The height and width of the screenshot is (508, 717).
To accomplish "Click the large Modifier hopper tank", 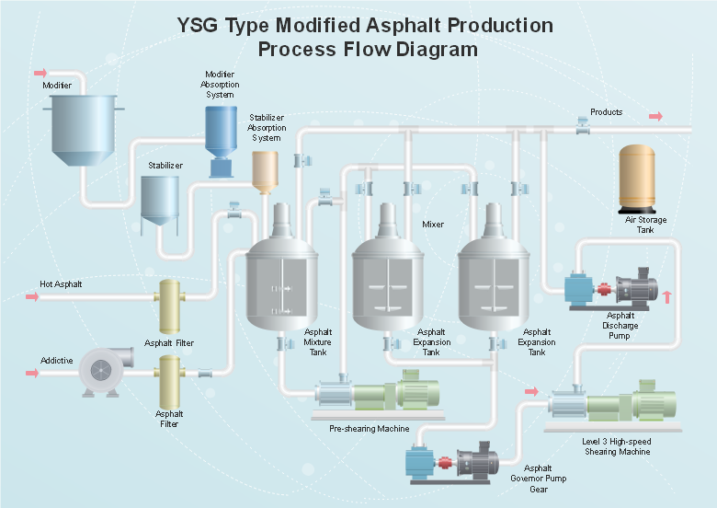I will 85,129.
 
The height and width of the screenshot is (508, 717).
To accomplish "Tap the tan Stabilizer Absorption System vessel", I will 265,170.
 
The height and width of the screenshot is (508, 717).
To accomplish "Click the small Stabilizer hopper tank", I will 160,199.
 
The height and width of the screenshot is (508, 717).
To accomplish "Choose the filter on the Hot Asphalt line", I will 171,306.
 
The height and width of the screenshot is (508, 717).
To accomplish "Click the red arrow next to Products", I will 655,116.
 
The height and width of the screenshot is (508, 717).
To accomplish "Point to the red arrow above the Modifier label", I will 40,73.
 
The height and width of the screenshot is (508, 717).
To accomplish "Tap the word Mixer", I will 433,224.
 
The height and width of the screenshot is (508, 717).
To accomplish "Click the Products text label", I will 607,112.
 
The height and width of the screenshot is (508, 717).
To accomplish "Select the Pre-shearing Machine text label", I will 370,429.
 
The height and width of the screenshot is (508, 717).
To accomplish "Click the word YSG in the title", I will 200,26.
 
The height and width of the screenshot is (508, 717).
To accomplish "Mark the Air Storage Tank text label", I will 645,225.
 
